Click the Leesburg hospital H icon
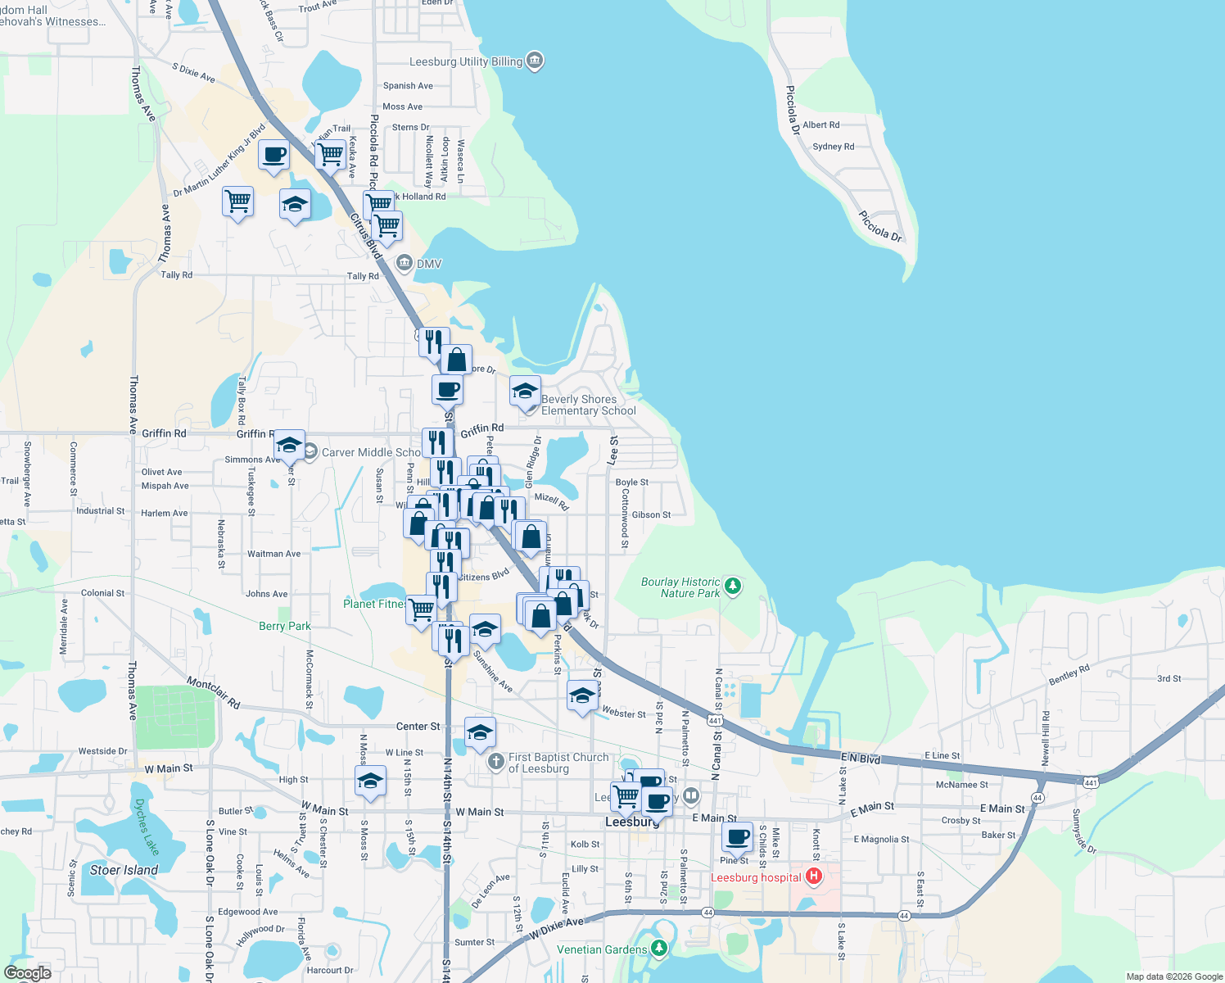pos(813,877)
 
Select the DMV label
pos(429,264)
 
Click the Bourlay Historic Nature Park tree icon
pos(733,586)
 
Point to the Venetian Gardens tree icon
pos(659,949)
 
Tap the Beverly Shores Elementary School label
pos(588,405)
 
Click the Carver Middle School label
pos(371,452)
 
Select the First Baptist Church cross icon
pos(495,762)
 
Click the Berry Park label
pos(284,626)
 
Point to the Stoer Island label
pos(124,870)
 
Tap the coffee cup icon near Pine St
pos(737,837)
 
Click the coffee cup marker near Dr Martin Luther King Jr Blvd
pos(273,155)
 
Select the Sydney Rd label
pos(833,147)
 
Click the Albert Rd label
pos(820,125)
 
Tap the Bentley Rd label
pos(1069,675)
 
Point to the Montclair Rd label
pos(213,692)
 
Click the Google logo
pos(27,973)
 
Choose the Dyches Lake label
pos(147,827)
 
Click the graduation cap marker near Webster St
pos(582,696)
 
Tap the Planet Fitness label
pos(374,604)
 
